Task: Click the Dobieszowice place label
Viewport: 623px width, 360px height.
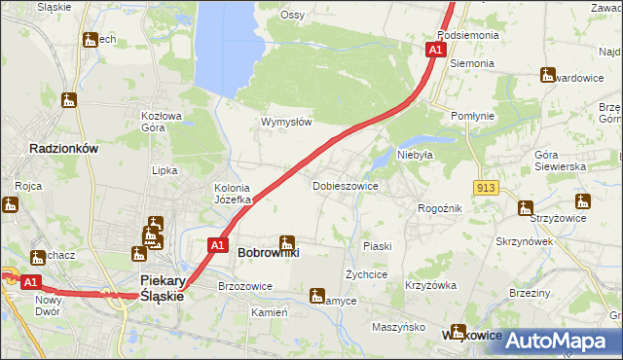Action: [x=345, y=185]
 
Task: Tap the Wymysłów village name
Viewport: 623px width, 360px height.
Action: [x=285, y=123]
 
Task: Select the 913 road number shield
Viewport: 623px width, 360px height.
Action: [x=488, y=187]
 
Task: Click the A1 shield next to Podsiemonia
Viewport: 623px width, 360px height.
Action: [x=436, y=49]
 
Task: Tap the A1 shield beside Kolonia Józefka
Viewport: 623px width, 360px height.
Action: [x=219, y=245]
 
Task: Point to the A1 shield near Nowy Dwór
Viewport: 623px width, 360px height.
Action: [x=30, y=282]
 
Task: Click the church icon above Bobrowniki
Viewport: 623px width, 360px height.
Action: [x=286, y=241]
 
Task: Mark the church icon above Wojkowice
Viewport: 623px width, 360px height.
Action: [x=458, y=331]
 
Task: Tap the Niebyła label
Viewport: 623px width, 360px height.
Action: [x=414, y=154]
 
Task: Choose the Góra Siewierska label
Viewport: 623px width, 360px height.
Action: [x=560, y=162]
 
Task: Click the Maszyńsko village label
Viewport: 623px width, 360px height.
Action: [x=398, y=327]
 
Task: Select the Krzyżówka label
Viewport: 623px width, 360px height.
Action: [x=431, y=285]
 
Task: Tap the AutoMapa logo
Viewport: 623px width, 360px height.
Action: [x=556, y=341]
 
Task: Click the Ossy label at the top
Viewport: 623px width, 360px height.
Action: [x=292, y=15]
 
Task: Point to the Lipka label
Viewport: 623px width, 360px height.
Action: [x=165, y=170]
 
